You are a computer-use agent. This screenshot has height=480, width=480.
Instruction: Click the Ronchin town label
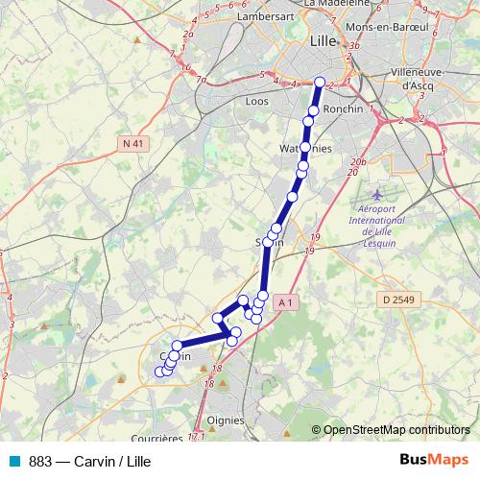[x=344, y=109]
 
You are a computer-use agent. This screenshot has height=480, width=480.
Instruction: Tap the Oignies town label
[x=227, y=420]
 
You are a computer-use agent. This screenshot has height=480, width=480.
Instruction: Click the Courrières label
[x=154, y=439]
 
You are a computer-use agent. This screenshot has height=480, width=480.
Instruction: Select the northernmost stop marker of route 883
[x=320, y=83]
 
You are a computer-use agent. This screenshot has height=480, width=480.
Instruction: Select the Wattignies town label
[x=304, y=150]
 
